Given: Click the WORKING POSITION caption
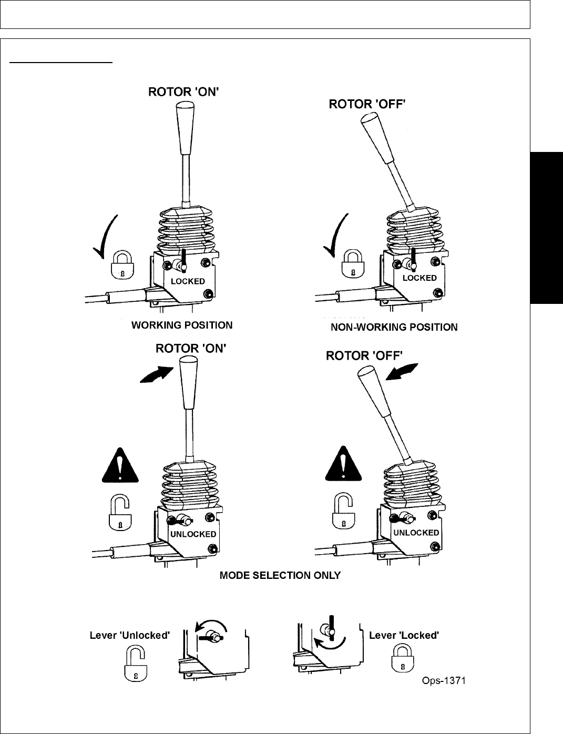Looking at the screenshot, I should [x=181, y=325].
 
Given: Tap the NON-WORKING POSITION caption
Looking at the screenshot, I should [x=394, y=328].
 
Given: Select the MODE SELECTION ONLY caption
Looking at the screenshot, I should [x=280, y=575].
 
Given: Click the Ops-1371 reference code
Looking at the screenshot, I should [x=444, y=681].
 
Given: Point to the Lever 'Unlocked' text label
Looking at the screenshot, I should [x=129, y=635].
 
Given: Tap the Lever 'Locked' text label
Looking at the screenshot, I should [x=404, y=635].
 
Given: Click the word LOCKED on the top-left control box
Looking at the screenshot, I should [x=188, y=281].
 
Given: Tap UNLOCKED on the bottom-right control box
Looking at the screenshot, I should [x=416, y=533].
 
